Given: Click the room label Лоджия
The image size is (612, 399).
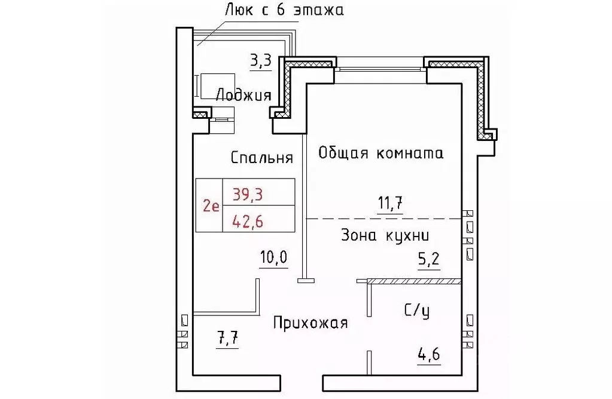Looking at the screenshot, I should coord(243,95).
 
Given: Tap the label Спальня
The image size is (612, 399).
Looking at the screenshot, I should coord(262,158).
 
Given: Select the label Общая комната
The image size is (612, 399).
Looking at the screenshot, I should coord(380,153).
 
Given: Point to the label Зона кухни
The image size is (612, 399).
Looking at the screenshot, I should coord(385,235).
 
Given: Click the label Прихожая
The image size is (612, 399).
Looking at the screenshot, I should coord(310,324).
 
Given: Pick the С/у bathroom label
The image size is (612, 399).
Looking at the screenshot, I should coord(416,310).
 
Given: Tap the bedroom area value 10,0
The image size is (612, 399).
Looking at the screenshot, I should coord(273,257).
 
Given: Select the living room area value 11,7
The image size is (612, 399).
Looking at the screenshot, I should coord(389,203).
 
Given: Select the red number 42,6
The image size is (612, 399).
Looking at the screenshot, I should coord(248,220).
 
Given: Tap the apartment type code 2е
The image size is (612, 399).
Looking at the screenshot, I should coord(209,207).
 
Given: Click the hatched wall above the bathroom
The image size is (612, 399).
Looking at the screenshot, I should coord(414,280).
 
